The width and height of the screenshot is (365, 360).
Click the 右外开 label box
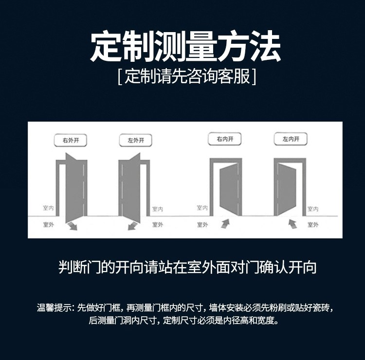70,140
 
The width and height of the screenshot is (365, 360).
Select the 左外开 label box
135,140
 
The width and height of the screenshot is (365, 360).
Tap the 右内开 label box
225,139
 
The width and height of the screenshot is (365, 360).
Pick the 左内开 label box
291,139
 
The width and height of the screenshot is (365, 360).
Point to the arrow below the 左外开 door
133,226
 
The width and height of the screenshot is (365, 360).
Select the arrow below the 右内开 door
225,224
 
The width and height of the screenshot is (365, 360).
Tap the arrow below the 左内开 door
292,224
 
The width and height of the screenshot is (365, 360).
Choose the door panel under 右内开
229,188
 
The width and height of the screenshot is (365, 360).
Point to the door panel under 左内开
287,188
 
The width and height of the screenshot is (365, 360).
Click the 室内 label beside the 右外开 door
48,208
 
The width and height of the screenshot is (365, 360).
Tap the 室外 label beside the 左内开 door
313,225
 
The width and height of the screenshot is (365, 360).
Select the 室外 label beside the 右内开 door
202,225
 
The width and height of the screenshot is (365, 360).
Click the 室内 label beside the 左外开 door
158,209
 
